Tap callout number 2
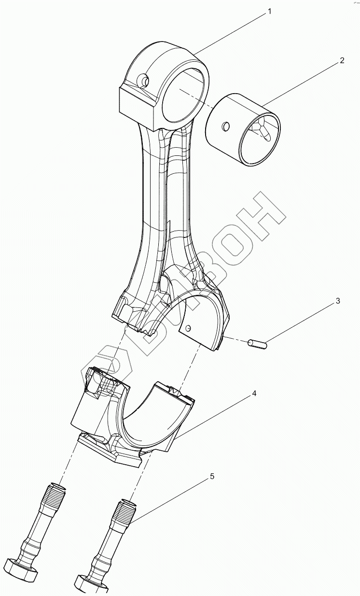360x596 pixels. tap(342, 60)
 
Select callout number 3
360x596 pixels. tap(338, 301)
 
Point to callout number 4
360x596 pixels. tap(254, 394)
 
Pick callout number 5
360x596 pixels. tap(212, 476)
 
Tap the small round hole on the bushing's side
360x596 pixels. tap(225, 126)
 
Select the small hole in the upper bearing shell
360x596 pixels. tap(189, 328)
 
